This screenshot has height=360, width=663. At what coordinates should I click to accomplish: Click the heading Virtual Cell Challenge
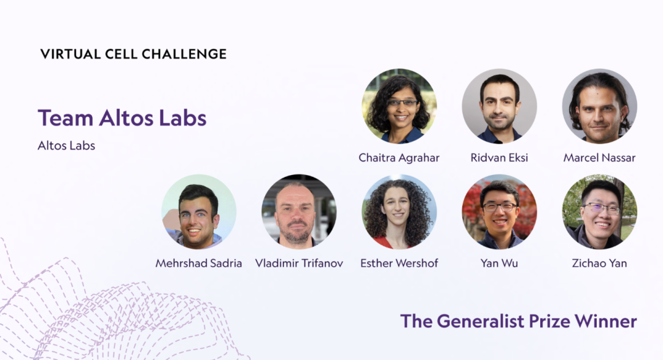[133, 54]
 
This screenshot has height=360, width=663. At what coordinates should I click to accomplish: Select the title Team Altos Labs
[122, 117]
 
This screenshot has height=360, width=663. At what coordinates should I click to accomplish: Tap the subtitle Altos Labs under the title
[66, 146]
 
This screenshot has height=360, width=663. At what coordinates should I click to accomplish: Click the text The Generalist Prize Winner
[518, 321]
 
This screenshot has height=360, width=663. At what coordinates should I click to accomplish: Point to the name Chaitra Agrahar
[399, 158]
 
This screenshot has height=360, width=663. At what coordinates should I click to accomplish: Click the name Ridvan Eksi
[499, 158]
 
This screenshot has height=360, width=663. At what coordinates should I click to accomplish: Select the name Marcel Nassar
[600, 158]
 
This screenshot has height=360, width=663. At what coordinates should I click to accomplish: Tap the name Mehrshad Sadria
[199, 263]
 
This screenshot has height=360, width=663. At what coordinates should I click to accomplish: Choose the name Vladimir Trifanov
[299, 263]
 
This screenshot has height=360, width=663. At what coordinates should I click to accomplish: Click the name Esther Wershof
[399, 263]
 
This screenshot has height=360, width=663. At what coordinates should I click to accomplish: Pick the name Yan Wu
[499, 263]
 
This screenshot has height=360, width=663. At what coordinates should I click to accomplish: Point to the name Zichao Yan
[600, 263]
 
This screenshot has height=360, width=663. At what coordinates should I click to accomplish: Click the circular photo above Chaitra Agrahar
[399, 106]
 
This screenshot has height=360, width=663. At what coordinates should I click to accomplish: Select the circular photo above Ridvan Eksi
[499, 106]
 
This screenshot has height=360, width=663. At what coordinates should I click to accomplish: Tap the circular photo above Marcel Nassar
[600, 106]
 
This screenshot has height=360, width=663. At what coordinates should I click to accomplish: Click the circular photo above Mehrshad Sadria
[199, 211]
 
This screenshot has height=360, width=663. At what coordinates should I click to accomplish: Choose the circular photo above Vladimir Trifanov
[299, 211]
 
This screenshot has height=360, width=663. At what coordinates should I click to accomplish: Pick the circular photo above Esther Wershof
[399, 211]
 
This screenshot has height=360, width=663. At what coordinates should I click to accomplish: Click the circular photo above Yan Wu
[499, 211]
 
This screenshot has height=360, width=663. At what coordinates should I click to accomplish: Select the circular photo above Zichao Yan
[600, 211]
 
